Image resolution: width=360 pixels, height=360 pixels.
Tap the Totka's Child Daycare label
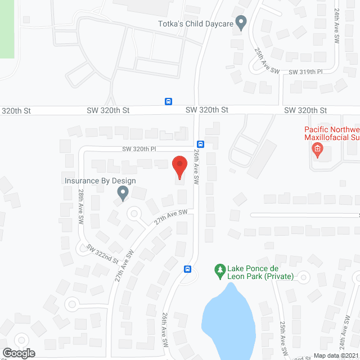click(x=195, y=24)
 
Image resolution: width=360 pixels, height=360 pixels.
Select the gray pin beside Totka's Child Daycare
click(x=241, y=23)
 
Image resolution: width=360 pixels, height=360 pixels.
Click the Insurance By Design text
click(x=100, y=181)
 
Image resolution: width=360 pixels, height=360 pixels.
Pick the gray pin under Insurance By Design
click(x=123, y=193)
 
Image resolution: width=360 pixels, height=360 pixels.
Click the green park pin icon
click(x=219, y=271)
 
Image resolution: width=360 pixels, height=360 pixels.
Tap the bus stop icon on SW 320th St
click(x=168, y=101)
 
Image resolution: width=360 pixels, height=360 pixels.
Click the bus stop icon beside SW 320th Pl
click(x=201, y=143)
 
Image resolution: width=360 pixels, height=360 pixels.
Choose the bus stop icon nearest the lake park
click(x=187, y=269)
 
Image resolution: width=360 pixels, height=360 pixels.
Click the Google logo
click(x=18, y=353)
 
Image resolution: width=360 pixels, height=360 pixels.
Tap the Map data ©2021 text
click(x=336, y=355)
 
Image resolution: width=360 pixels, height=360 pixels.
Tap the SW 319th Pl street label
click(x=306, y=72)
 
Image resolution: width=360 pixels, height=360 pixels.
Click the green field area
click(x=6, y=28)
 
